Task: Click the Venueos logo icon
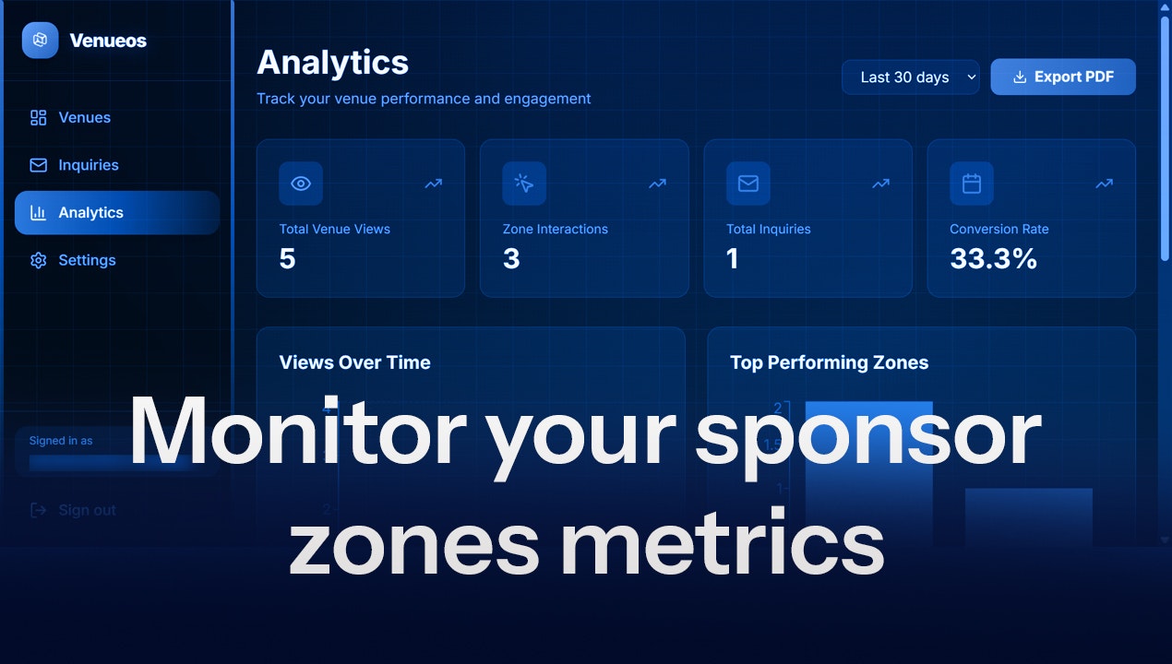40,41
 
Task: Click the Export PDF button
1062,77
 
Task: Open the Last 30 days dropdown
910,77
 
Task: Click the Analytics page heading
332,63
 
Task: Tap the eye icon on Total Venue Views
301,184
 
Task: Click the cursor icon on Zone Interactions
524,184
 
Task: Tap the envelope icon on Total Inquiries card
747,184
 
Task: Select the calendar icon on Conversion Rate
972,184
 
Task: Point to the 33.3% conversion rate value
993,259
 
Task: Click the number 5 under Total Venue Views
287,259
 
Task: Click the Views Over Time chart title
354,362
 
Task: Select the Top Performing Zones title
829,362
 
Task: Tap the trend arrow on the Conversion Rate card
1104,184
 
